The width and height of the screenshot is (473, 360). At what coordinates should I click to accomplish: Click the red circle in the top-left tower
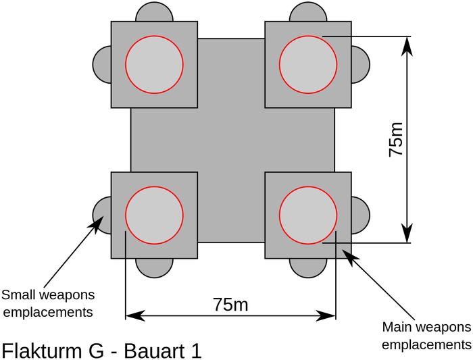coord(154,64)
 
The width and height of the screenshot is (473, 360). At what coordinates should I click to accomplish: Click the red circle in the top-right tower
coord(308,64)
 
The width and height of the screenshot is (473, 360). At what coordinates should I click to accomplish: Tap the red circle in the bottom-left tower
coord(154,215)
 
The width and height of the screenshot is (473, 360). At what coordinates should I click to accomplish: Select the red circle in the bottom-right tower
coord(308,215)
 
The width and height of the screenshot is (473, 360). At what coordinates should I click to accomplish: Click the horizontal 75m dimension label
coord(230,305)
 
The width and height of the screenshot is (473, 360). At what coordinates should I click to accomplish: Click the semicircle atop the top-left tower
coord(154,12)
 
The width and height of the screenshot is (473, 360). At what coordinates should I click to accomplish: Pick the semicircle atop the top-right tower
coord(308,12)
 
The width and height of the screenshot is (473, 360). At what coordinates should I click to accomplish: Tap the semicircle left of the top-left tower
coord(102,64)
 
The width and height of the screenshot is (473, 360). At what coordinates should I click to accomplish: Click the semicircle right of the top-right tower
coord(360,64)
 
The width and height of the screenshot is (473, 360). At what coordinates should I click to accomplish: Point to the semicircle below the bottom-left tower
coord(154,267)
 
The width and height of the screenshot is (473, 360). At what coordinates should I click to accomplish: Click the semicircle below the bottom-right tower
coord(308,267)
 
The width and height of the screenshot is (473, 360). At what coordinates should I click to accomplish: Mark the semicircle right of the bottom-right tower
coord(360,215)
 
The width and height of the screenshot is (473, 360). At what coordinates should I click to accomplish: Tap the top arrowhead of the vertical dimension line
coord(407,45)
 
